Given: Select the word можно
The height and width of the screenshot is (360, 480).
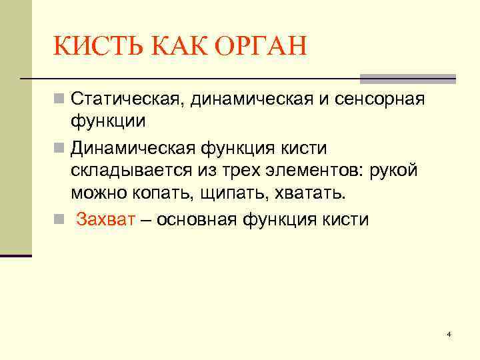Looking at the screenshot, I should click(x=98, y=193).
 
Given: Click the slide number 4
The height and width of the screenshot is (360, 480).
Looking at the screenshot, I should click(x=449, y=333).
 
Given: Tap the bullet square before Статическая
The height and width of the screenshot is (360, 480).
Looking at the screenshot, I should click(x=59, y=101).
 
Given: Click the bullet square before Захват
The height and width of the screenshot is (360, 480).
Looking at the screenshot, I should click(x=59, y=220).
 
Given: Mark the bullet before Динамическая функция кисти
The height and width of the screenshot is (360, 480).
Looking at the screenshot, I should click(x=59, y=147).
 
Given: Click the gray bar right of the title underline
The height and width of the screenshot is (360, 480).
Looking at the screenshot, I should click(x=407, y=79).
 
